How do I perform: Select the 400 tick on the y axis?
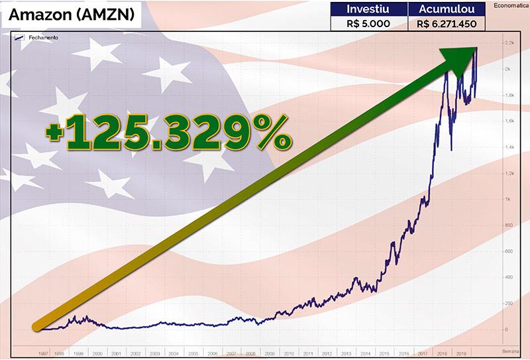click(x=509, y=277)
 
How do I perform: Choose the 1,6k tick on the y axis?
click(x=509, y=121)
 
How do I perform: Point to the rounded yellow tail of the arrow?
click(x=38, y=326)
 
